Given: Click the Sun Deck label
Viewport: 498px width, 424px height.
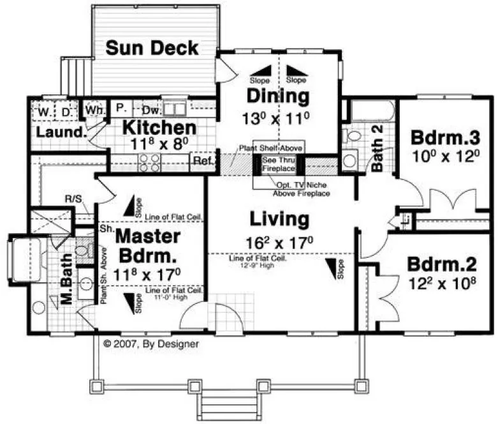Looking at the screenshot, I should coord(152,48).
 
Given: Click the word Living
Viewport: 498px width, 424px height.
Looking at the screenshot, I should coord(279,219).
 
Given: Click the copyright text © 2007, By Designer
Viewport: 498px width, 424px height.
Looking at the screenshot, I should coord(151,344).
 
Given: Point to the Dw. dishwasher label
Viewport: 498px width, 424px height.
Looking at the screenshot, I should coord(148,109).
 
